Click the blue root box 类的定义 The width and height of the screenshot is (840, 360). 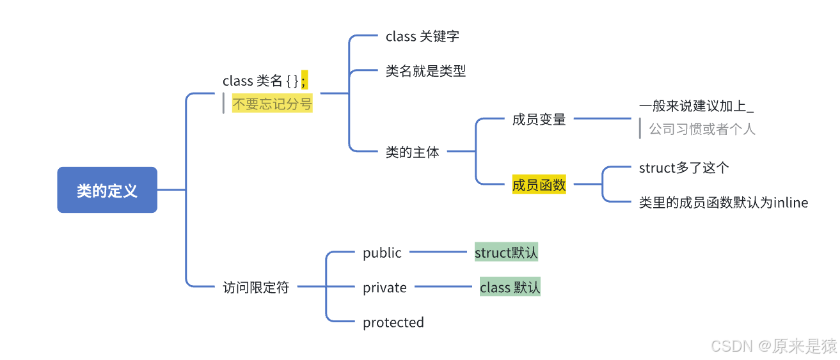107,190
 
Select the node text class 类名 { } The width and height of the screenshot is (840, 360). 260,81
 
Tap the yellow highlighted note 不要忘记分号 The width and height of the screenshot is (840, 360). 272,104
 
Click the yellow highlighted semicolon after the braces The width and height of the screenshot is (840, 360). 305,80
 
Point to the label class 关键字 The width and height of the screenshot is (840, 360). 422,36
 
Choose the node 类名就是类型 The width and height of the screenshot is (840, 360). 425,71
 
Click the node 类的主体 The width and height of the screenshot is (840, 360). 412,152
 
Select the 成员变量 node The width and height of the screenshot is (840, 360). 539,119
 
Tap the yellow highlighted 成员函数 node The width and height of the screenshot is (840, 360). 539,185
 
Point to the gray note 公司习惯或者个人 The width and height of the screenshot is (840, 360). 702,129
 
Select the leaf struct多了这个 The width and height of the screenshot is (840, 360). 684,168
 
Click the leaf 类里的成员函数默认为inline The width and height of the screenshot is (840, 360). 723,203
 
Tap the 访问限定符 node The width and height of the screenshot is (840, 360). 256,287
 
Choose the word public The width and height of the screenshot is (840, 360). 382,253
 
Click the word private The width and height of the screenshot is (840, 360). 384,288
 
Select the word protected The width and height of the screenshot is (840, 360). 393,322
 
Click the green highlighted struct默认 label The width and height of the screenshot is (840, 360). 506,253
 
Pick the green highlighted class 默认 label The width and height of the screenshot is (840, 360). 510,287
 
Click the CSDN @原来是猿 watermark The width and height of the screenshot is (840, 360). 773,346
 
